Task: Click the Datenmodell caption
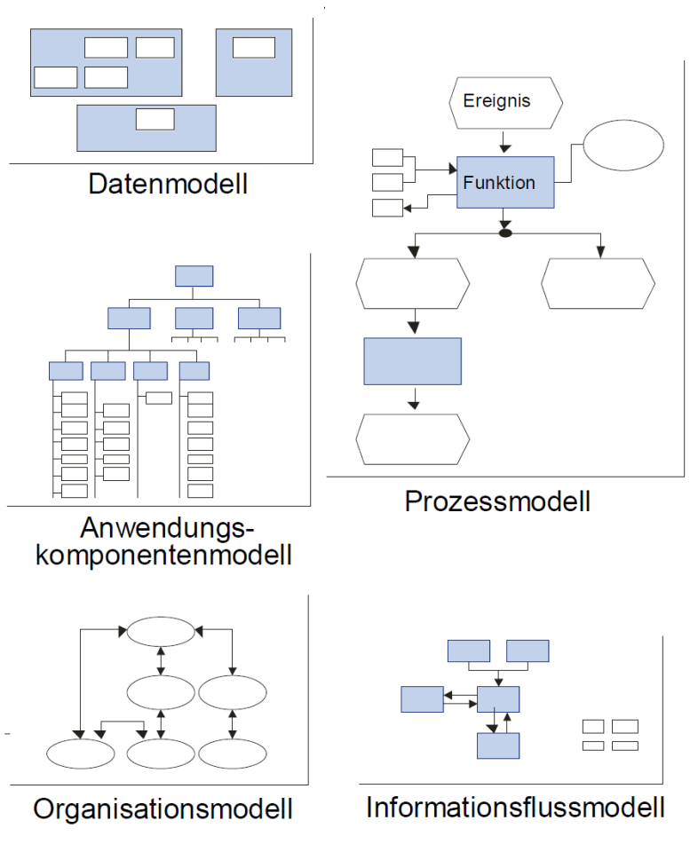tap(167, 185)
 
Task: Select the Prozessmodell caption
tap(497, 501)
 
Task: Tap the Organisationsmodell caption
tap(163, 809)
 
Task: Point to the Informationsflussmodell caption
tap(515, 809)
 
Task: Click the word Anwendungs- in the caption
tap(167, 528)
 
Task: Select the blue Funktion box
tap(505, 183)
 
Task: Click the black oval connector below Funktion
tap(505, 233)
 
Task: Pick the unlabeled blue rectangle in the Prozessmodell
tap(412, 360)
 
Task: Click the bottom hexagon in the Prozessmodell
tap(412, 438)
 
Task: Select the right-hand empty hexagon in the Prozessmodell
tap(598, 284)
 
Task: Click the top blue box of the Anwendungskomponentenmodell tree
tap(194, 275)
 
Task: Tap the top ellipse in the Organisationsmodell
tap(160, 631)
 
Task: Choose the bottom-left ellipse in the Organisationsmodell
tap(79, 753)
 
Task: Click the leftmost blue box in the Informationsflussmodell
tap(422, 699)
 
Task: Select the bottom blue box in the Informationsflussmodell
tap(497, 745)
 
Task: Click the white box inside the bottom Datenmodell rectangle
tap(155, 119)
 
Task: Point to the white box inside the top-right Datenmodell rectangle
tap(254, 48)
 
